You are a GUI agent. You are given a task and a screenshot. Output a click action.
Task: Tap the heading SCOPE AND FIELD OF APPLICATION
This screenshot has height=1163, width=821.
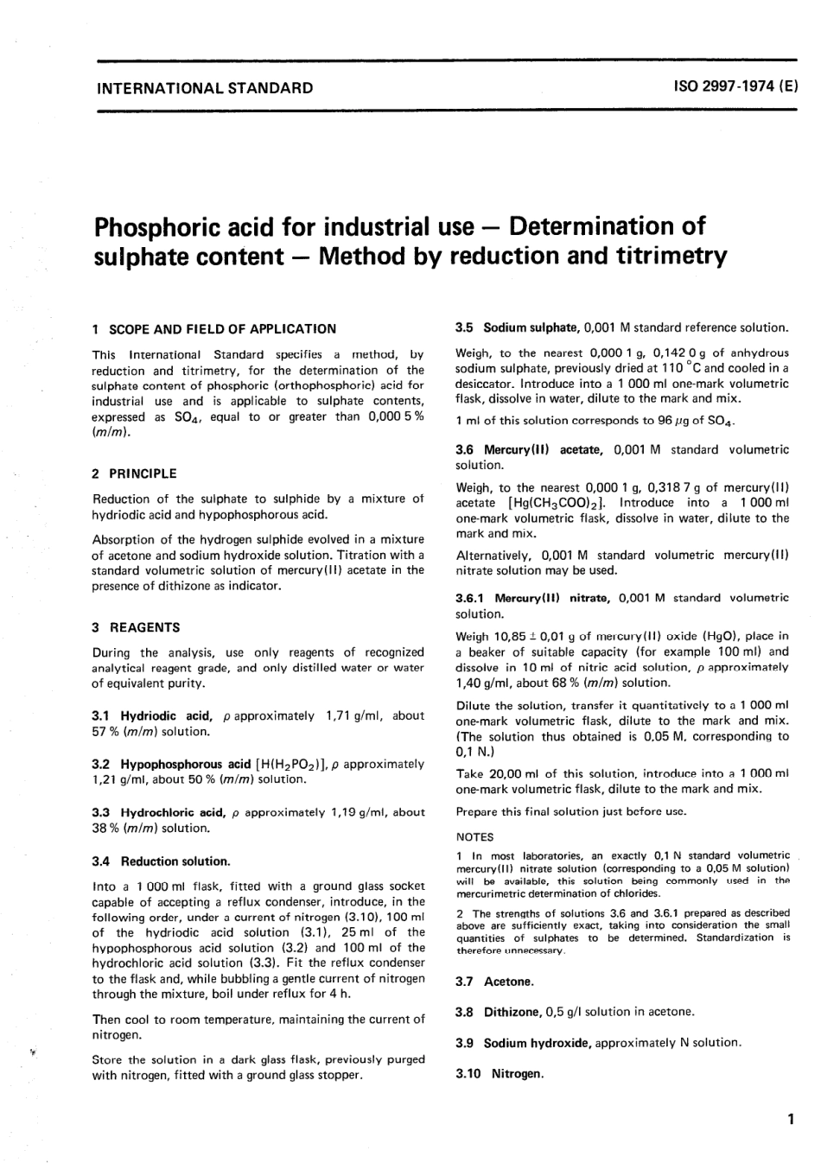(221, 328)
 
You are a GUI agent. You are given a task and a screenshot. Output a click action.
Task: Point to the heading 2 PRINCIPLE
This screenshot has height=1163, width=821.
(134, 473)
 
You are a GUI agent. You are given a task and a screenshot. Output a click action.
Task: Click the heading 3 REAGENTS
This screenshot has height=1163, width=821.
(136, 627)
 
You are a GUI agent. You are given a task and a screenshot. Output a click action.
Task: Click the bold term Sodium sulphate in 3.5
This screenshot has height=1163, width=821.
(530, 328)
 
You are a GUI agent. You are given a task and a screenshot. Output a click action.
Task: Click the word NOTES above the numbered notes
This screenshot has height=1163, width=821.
(474, 836)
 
